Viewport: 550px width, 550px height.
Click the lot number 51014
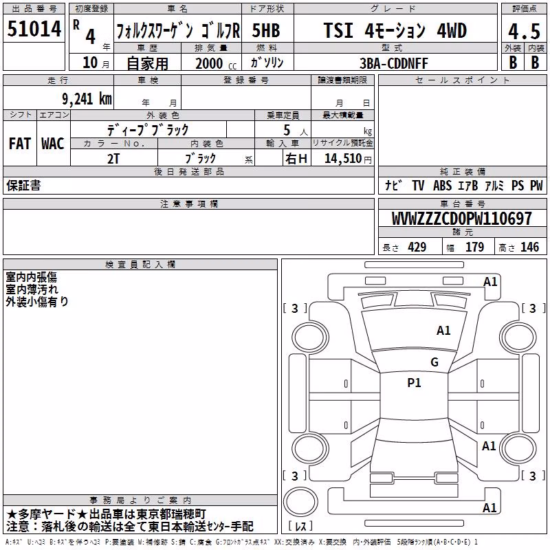pos(34,29)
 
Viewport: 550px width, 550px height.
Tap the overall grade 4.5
pos(524,32)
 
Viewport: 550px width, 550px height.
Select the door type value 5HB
pos(266,30)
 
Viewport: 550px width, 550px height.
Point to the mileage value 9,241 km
pos(87,98)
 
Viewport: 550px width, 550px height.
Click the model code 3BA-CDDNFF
pos(394,63)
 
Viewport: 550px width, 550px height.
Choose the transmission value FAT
pos(20,144)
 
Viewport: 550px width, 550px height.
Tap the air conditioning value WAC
pos(53,144)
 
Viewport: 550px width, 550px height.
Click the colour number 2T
pos(113,159)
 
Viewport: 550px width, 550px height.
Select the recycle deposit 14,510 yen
pos(348,159)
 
